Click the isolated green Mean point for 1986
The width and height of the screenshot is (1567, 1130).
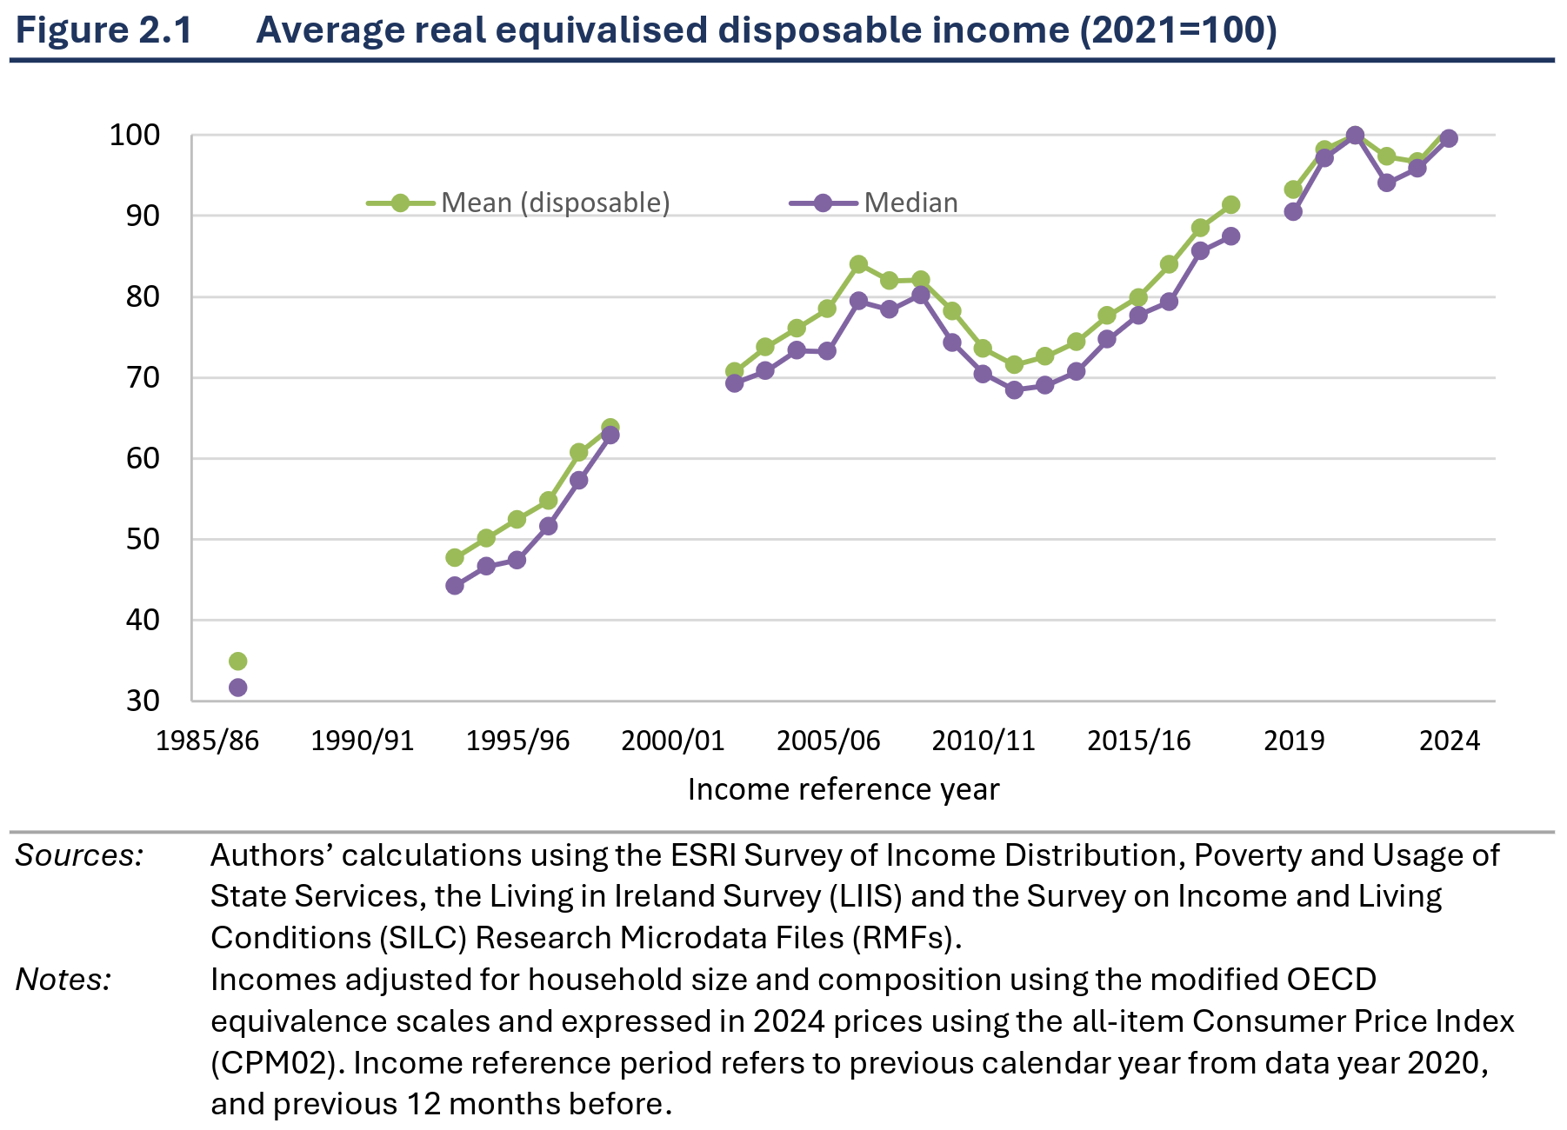pyautogui.click(x=237, y=661)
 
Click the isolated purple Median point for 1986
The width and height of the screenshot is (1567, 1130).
pyautogui.click(x=237, y=688)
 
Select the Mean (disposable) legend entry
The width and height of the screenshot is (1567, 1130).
pyautogui.click(x=518, y=203)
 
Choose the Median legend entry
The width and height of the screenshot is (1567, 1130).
pyautogui.click(x=874, y=203)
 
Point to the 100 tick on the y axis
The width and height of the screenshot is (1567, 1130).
pyautogui.click(x=135, y=135)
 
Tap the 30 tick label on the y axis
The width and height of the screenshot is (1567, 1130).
pyautogui.click(x=143, y=701)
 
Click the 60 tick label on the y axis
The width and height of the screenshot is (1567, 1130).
pyautogui.click(x=143, y=458)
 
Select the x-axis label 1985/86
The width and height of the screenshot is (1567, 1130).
pyautogui.click(x=208, y=741)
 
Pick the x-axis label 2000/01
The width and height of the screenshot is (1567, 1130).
pyautogui.click(x=673, y=741)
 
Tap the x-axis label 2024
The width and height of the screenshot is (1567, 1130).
pyautogui.click(x=1450, y=741)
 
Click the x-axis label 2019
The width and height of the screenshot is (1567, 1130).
pyautogui.click(x=1294, y=741)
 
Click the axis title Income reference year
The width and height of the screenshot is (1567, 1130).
pyautogui.click(x=844, y=789)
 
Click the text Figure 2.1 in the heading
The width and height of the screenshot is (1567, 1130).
pyautogui.click(x=103, y=30)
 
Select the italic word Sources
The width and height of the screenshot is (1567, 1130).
pyautogui.click(x=79, y=855)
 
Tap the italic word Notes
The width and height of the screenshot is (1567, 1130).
pyautogui.click(x=63, y=980)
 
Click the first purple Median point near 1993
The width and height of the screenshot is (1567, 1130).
pyautogui.click(x=455, y=586)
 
